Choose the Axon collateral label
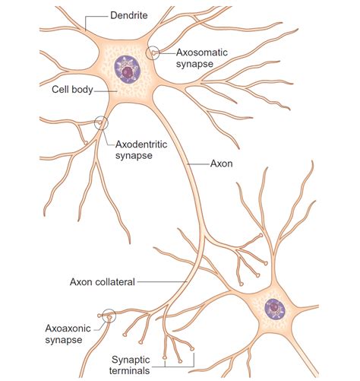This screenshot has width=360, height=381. [100, 281]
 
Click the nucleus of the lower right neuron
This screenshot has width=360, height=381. [273, 309]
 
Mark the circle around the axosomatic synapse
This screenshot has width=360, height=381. [155, 53]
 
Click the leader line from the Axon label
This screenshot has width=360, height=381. [197, 162]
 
